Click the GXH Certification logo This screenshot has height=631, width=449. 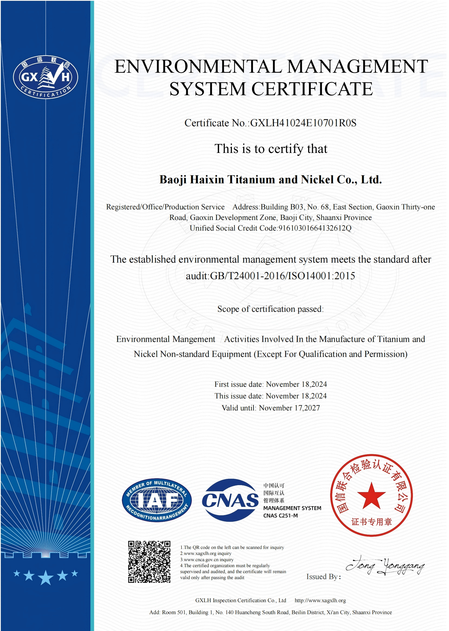point(46,77)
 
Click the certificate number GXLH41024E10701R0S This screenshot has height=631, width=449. point(303,123)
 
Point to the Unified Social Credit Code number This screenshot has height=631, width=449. point(315,228)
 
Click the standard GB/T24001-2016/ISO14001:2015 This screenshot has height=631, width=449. point(282,276)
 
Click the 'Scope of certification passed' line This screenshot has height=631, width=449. point(270,309)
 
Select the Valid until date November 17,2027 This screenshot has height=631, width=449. point(289,408)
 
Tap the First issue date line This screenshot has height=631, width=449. point(270,384)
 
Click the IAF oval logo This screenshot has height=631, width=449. point(157,500)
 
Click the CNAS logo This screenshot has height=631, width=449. point(230,500)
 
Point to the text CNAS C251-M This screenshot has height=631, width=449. point(280,516)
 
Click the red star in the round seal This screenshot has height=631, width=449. point(371,496)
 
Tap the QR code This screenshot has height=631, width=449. point(149,562)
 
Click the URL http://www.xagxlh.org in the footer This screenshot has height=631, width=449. point(320,601)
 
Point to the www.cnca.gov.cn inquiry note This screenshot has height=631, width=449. point(207,560)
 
